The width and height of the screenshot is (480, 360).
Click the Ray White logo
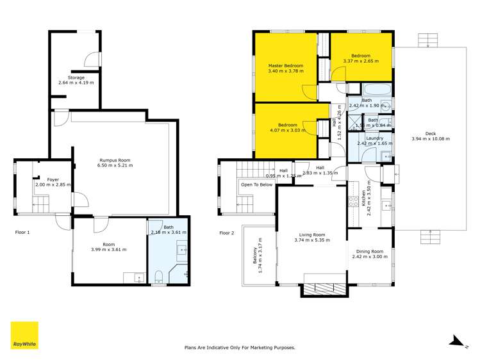tap(24, 335)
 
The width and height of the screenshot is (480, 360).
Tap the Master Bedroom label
tap(285, 65)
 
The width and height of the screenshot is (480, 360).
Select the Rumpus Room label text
tap(115, 160)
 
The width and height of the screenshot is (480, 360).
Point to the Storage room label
tap(76, 78)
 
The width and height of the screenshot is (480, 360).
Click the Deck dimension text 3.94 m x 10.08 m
tap(430, 139)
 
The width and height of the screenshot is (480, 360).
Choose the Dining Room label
tap(368, 251)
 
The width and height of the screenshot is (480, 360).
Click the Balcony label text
tap(254, 256)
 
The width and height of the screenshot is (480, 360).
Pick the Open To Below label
tap(256, 184)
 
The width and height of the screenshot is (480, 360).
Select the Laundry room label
tap(374, 138)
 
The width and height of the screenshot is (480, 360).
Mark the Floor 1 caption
tap(23, 233)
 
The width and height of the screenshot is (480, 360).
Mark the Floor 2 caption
tap(228, 233)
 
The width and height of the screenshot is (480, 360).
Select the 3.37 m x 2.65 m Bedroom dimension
tap(361, 61)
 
